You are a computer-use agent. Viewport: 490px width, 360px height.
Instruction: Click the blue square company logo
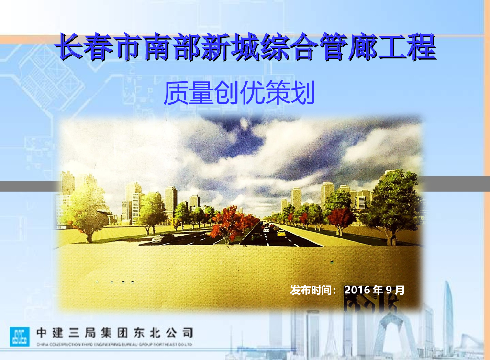pos(20,336)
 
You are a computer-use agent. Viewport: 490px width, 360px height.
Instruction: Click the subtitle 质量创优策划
pos(239,94)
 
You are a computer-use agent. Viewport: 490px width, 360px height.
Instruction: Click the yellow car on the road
pos(281,233)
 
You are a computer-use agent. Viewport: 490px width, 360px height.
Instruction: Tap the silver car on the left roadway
pos(163,237)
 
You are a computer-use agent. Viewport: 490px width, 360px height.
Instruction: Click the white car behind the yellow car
pos(267,229)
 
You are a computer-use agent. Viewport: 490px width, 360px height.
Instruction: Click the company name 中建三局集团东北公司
pos(115,333)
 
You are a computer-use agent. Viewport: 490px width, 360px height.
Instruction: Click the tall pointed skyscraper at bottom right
pos(447,316)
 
